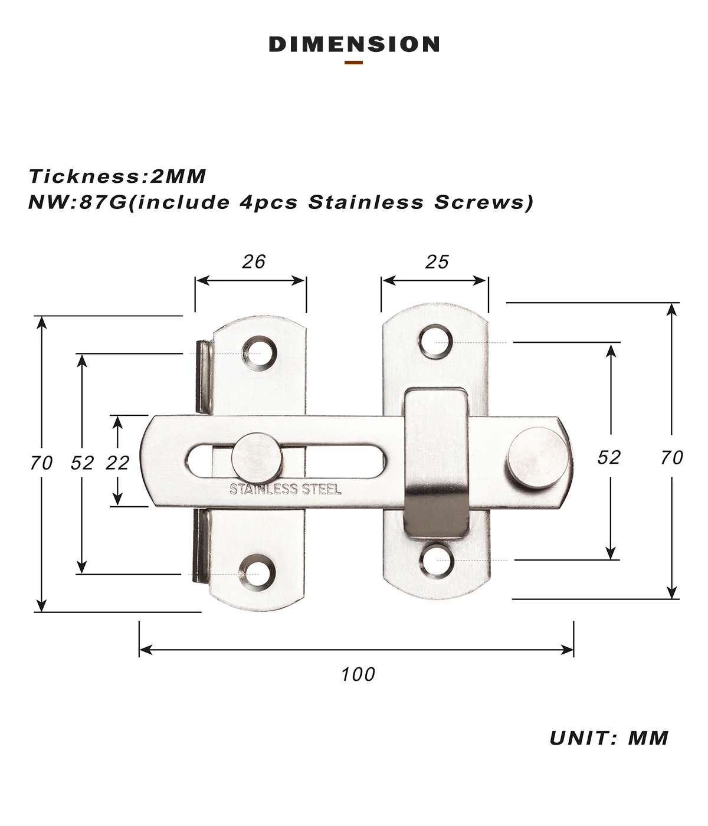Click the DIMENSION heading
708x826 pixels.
point(354,44)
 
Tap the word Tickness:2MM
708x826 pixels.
point(117,176)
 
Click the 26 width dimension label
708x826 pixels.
point(254,262)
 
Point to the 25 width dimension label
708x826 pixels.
point(437,262)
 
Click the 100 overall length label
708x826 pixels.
point(358,674)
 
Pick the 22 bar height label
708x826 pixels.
point(117,463)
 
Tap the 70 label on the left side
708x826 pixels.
point(41,463)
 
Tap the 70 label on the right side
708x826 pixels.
point(672,458)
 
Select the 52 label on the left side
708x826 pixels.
point(83,463)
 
